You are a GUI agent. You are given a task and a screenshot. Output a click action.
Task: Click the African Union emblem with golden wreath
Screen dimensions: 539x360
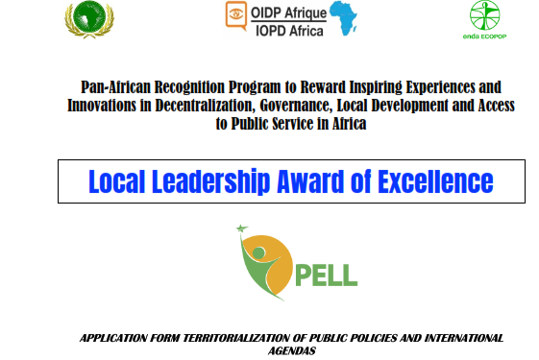point(89,19)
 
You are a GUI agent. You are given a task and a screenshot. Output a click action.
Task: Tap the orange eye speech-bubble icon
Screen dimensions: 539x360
point(235,15)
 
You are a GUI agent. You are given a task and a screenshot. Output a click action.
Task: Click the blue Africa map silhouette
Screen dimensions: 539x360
point(343,18)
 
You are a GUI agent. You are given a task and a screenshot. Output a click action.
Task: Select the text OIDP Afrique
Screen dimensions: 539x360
point(288,13)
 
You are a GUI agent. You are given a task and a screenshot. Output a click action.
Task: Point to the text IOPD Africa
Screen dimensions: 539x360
point(289,31)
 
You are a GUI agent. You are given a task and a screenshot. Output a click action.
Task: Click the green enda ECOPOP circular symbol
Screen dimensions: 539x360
point(484,15)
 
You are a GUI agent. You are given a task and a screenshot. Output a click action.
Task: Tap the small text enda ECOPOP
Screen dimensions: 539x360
point(484,36)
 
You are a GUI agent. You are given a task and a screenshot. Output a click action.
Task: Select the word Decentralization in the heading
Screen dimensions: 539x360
point(206,106)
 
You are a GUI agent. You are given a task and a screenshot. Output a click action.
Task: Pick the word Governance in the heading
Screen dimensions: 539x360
point(296,106)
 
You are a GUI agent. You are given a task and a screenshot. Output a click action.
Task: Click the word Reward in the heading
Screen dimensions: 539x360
point(323,87)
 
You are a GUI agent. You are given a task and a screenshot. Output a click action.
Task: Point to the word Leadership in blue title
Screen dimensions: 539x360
point(210,181)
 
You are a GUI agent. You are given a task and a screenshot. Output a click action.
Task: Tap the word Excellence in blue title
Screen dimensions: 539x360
point(435,181)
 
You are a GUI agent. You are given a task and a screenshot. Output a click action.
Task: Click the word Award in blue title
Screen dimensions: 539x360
point(310,181)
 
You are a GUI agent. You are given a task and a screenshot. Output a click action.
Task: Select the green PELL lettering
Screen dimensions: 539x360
point(327,275)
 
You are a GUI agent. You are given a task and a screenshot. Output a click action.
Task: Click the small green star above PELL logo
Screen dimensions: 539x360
point(242,228)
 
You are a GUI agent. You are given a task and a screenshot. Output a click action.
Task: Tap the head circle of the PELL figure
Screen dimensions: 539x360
point(258,253)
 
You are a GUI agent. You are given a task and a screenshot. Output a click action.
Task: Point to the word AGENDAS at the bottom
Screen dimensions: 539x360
point(292,350)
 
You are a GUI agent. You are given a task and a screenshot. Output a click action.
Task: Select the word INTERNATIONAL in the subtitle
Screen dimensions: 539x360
point(464,338)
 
